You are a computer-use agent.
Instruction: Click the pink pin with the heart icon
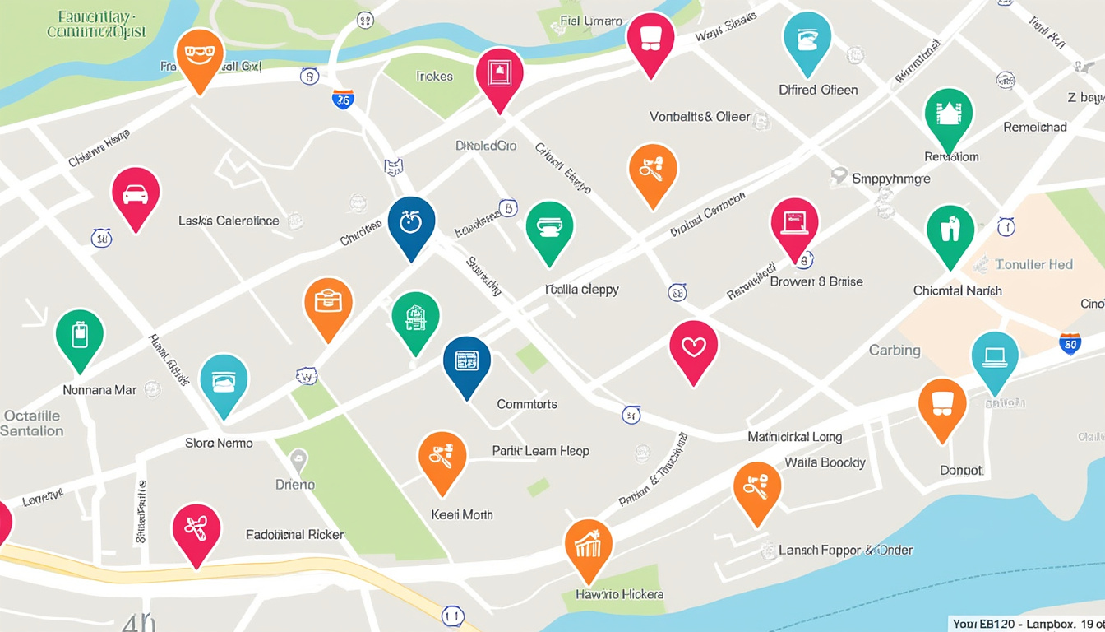[x=694, y=349]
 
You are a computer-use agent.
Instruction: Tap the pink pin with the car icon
[x=136, y=196]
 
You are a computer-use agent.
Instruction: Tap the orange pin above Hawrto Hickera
[x=589, y=546]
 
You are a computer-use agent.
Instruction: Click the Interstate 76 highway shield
[x=343, y=100]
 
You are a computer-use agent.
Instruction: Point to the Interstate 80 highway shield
[x=1070, y=343]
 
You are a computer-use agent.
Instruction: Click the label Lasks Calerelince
[x=229, y=221]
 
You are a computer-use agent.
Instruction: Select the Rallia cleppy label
[x=582, y=290]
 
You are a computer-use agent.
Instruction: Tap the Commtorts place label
[x=527, y=404]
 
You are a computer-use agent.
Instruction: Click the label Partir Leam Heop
[x=540, y=451]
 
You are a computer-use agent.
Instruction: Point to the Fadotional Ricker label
[x=295, y=534]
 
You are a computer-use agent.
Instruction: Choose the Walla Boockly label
[x=825, y=462]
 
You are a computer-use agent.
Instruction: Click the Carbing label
[x=895, y=350]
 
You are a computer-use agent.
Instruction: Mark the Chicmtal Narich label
[x=957, y=290]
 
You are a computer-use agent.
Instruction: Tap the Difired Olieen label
[x=818, y=90]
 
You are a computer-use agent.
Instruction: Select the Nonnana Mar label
[x=99, y=390]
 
